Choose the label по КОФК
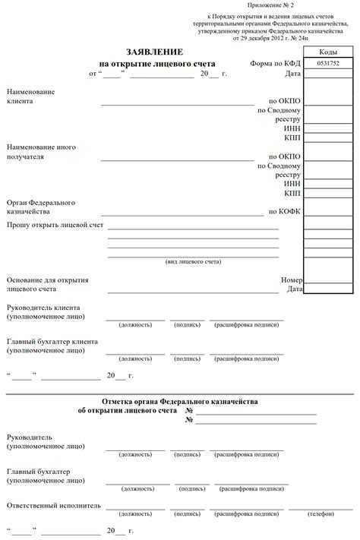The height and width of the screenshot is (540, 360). tap(285, 212)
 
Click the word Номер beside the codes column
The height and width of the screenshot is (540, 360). tap(291, 279)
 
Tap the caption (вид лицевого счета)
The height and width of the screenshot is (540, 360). tap(194, 262)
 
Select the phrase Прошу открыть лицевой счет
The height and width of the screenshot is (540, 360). tap(55, 226)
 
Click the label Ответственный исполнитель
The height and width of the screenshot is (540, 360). tap(53, 504)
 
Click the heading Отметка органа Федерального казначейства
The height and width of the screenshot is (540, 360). tap(179, 401)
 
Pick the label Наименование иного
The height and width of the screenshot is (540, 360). tap(41, 147)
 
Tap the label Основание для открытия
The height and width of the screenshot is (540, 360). tap(47, 279)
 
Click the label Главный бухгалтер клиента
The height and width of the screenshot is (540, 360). tap(52, 341)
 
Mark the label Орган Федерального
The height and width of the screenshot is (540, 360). tap(40, 203)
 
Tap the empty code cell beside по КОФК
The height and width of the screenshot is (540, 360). tap(329, 212)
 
